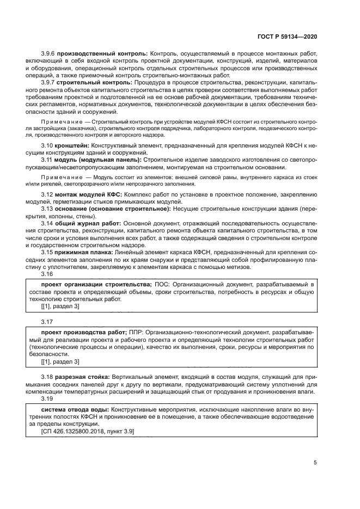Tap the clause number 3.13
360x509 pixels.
click(48, 208)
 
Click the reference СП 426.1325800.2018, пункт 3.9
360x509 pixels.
click(88, 431)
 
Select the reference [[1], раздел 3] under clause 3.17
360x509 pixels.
click(60, 361)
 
